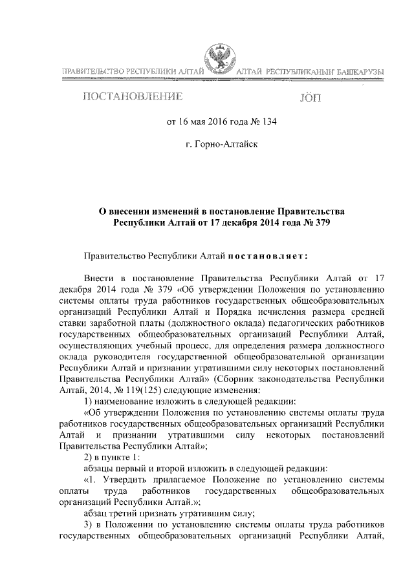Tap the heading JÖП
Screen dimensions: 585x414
point(310,98)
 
